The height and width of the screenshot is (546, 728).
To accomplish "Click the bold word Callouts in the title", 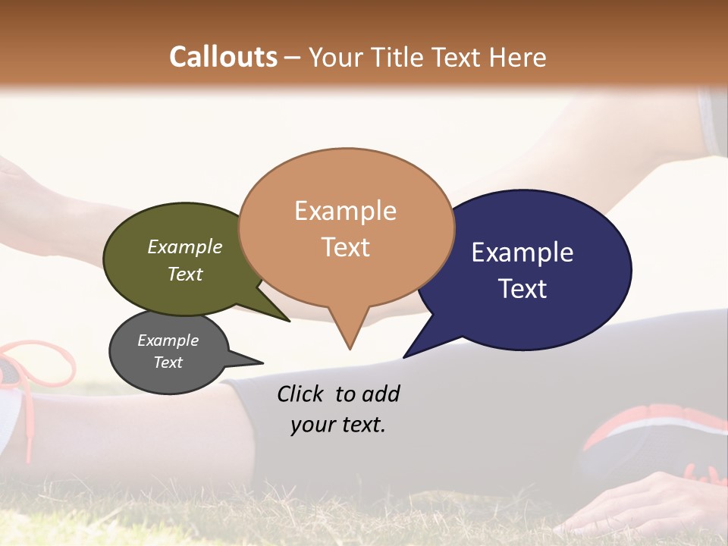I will [x=223, y=57].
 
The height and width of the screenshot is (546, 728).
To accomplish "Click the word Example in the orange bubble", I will [x=345, y=211].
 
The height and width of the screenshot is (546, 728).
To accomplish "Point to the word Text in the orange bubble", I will [x=345, y=247].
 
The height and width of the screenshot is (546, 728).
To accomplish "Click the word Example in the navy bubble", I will [x=522, y=253].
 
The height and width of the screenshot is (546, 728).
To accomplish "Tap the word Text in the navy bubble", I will [x=522, y=289].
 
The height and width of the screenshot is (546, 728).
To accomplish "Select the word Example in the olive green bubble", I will [x=185, y=247].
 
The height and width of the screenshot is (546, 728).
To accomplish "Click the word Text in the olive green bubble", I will [x=185, y=274].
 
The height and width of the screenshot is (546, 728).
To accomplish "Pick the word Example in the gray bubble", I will [x=168, y=340].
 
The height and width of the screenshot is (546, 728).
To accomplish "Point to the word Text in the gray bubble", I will [x=168, y=362].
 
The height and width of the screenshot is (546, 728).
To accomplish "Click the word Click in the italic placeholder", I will [x=302, y=394].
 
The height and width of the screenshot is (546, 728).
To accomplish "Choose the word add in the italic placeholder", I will [x=380, y=394].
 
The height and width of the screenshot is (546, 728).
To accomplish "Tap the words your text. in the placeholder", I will [x=338, y=425].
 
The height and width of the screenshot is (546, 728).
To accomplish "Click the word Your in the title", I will [x=335, y=57].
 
